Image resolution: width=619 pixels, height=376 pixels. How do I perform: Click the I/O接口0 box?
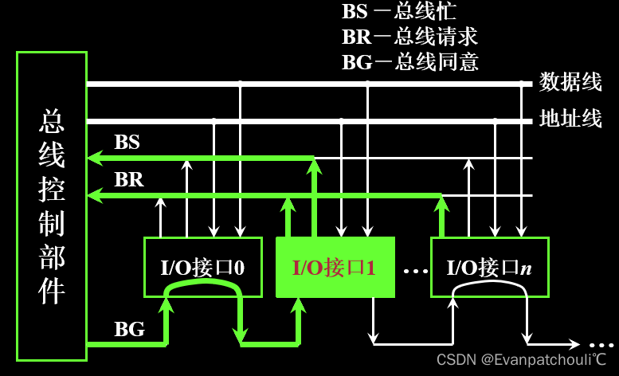click(202, 267)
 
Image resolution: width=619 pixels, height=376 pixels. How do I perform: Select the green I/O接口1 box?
click(335, 268)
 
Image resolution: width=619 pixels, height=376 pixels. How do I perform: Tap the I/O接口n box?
click(490, 267)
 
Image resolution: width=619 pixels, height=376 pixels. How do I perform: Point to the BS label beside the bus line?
click(127, 143)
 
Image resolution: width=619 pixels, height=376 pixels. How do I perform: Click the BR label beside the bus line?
click(129, 180)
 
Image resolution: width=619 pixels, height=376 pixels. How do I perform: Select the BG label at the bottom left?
click(130, 327)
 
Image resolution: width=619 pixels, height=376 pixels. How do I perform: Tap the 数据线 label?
click(570, 82)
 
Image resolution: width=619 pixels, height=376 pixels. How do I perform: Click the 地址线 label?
click(570, 119)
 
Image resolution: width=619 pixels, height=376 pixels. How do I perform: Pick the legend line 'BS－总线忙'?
click(399, 12)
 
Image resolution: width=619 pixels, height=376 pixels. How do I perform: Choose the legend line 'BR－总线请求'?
click(409, 37)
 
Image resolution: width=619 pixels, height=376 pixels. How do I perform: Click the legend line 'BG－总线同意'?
click(409, 61)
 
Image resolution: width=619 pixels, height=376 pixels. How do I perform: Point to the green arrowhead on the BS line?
click(95, 158)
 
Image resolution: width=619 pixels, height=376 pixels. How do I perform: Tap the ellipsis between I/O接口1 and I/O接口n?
click(415, 271)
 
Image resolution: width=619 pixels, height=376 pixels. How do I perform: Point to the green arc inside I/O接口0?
click(202, 295)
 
